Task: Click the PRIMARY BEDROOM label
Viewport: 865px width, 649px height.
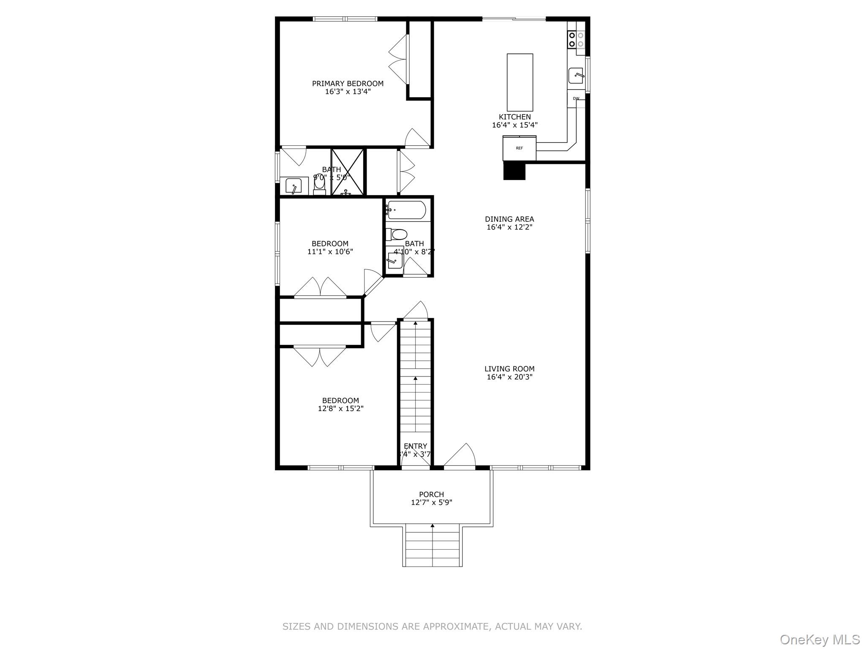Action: (348, 84)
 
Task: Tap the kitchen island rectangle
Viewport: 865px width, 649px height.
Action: (520, 82)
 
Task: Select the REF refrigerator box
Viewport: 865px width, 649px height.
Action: (519, 148)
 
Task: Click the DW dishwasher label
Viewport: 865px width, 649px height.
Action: (576, 98)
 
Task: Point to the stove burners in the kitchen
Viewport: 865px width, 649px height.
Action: (576, 40)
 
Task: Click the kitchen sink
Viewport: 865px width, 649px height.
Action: (576, 76)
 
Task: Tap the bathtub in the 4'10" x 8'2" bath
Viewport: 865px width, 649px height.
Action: (407, 210)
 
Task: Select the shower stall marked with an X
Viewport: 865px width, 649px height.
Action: (347, 172)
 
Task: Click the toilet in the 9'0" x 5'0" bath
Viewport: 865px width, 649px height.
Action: (320, 186)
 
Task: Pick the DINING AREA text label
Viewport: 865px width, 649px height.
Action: (509, 219)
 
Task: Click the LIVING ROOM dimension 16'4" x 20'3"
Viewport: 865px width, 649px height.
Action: (509, 377)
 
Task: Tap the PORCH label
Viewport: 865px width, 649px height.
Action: (431, 494)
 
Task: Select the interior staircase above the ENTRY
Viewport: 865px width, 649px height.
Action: (416, 376)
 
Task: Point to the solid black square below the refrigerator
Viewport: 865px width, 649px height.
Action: (514, 171)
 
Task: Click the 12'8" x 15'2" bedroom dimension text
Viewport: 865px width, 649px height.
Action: (340, 409)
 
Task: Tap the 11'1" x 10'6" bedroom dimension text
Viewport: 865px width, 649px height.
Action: (330, 252)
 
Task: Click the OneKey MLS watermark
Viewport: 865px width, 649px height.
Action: (819, 640)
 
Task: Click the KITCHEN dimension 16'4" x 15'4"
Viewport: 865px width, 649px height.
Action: (514, 125)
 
